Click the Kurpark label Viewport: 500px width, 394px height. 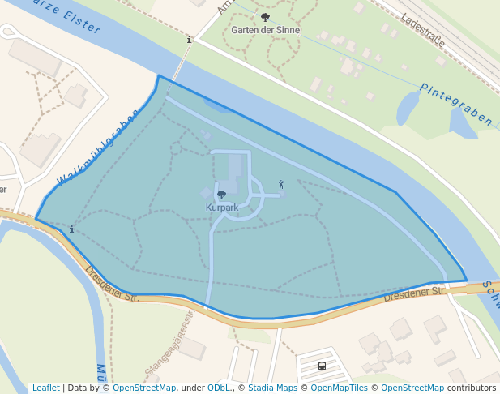(222, 208)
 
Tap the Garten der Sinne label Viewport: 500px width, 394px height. (265, 30)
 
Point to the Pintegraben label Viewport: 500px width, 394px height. (455, 105)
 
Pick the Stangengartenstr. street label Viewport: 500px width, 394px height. (169, 341)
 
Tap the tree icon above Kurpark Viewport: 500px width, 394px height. (222, 195)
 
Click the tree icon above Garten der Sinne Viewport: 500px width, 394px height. (265, 17)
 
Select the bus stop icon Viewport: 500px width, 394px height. (322, 366)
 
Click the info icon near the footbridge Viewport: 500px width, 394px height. (189, 39)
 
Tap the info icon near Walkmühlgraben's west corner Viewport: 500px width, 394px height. (72, 229)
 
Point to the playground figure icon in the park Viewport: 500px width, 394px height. (281, 185)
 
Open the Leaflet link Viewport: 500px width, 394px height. (45, 388)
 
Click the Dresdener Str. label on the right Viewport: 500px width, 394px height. (415, 293)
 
